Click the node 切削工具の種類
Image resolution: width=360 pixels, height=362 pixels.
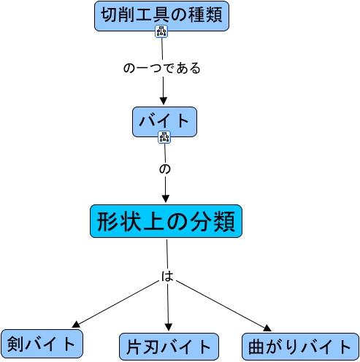click(161, 15)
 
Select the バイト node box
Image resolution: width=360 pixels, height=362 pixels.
click(164, 120)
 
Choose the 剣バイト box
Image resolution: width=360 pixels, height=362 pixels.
click(42, 342)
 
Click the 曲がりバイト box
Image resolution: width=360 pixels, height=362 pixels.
click(299, 345)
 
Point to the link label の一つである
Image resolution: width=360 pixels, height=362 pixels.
click(161, 69)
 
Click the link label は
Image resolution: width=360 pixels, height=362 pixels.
click(167, 277)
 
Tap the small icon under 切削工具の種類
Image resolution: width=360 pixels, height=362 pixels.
click(161, 31)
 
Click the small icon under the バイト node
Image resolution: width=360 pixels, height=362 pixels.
click(164, 136)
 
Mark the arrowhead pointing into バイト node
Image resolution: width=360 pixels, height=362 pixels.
click(163, 101)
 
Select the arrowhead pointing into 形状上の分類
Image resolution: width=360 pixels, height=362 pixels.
click(166, 198)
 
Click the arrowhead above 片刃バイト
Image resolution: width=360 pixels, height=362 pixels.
click(169, 328)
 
